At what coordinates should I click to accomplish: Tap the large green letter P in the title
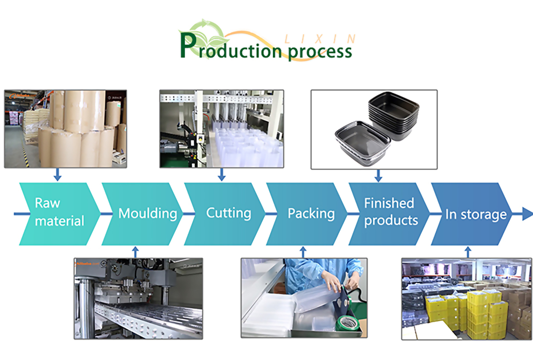(188, 47)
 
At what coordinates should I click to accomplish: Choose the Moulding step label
(147, 214)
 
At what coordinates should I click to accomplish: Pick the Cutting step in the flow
(228, 213)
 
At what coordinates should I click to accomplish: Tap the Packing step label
(311, 214)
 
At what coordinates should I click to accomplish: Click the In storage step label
(476, 215)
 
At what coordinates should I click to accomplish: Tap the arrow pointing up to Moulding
(135, 252)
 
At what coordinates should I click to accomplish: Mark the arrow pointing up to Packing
(303, 252)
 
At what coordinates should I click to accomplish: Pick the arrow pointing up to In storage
(468, 252)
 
